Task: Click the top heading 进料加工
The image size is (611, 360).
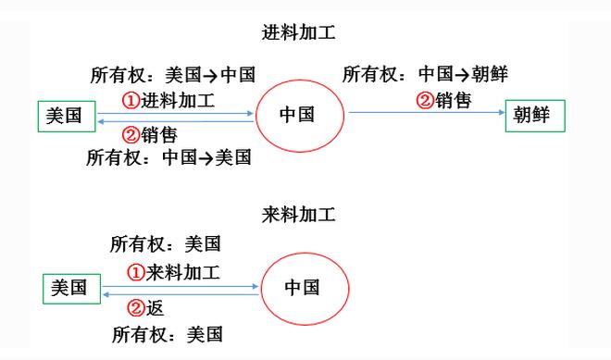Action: [x=299, y=33]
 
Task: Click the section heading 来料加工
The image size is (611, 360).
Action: [x=299, y=216]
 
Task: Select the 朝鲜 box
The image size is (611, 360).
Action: [x=534, y=116]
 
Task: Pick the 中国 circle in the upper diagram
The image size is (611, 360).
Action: [x=297, y=115]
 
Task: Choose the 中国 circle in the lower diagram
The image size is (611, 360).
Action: [x=303, y=288]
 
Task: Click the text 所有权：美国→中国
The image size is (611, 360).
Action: [x=171, y=76]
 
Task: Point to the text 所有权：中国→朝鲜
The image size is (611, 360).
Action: [x=425, y=74]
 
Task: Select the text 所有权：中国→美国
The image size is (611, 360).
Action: [x=169, y=157]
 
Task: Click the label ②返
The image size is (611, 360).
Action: [x=145, y=308]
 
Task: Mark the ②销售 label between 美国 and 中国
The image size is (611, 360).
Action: [x=150, y=135]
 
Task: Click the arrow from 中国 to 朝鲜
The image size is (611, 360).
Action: [x=426, y=114]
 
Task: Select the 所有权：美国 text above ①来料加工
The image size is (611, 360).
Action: [x=167, y=244]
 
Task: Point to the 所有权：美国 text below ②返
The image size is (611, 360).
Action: [x=167, y=334]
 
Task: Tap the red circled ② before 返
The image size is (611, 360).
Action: [x=135, y=308]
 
